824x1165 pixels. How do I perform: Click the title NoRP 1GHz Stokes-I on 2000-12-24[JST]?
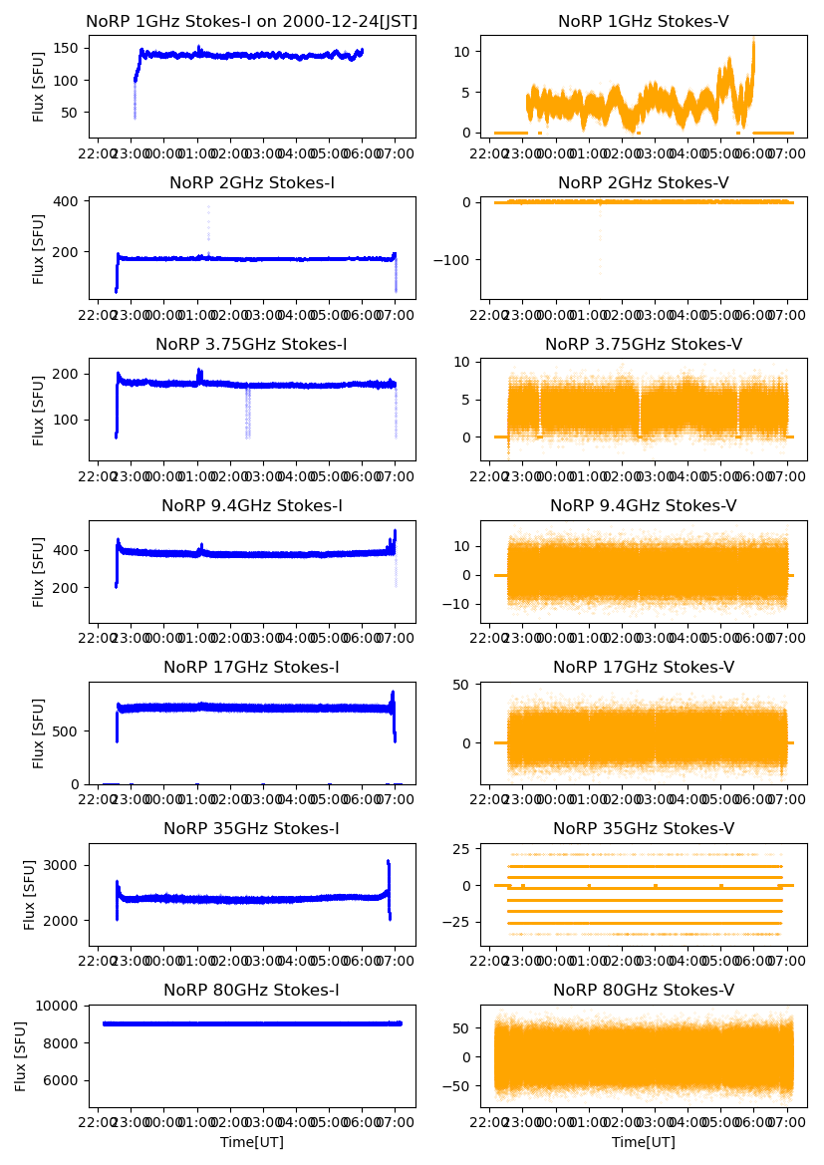point(252,21)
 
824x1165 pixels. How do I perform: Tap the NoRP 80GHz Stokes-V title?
point(644,990)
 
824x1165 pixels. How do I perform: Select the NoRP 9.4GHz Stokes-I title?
point(252,506)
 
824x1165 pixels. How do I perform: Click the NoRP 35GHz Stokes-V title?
point(644,828)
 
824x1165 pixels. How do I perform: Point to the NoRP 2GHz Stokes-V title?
point(644,182)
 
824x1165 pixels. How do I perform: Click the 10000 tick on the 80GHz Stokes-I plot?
point(62,1006)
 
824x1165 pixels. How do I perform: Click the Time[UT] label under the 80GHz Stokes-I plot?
point(252,1142)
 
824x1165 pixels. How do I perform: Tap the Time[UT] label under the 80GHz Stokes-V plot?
point(644,1142)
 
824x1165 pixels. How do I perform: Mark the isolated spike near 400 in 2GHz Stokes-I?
point(208,209)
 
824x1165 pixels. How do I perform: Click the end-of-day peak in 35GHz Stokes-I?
point(388,862)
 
